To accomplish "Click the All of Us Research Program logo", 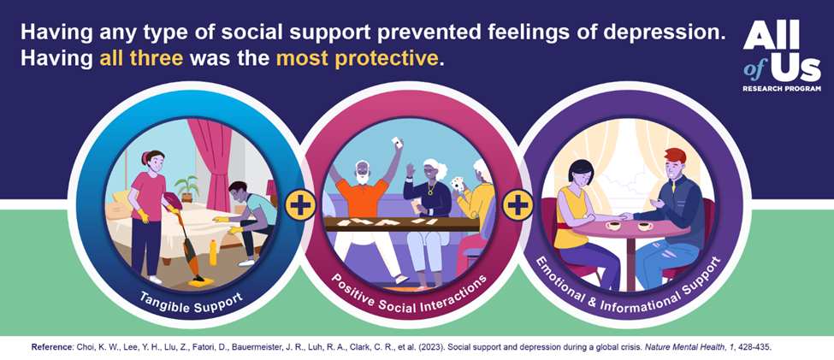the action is (x=782, y=56).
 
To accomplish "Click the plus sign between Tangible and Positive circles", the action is (x=300, y=206).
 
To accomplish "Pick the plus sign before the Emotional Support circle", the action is (x=518, y=206).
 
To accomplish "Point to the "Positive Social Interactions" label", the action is (x=408, y=296).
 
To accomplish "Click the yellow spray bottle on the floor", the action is (x=213, y=253).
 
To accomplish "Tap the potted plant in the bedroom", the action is (x=186, y=189).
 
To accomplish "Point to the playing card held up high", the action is (x=395, y=142).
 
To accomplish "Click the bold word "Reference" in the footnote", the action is (x=50, y=346).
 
